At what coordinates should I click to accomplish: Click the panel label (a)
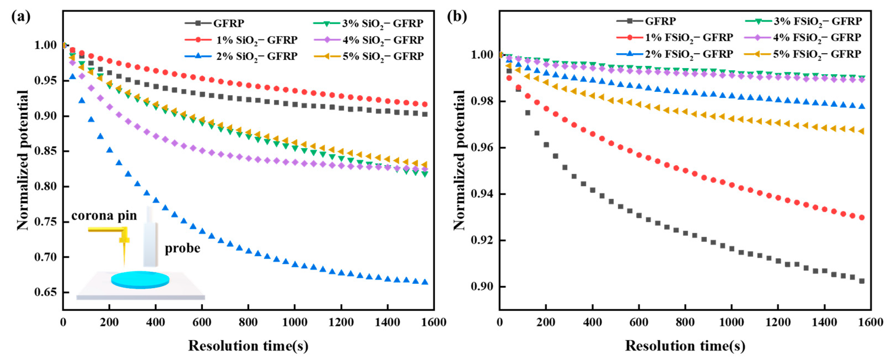[20, 17]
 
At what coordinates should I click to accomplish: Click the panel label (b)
[457, 17]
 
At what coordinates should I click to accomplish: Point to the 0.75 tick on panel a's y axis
[45, 222]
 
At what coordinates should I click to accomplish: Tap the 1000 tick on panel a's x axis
[294, 322]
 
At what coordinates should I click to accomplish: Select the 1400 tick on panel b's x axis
[824, 322]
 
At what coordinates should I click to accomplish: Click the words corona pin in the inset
[104, 216]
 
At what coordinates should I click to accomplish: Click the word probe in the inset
[182, 248]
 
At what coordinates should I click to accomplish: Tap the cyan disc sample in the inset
[140, 280]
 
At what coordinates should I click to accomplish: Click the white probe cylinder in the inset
[150, 244]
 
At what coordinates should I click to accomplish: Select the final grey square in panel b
[862, 281]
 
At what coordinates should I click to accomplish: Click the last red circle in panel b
[862, 217]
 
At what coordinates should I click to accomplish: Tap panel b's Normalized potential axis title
[459, 160]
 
